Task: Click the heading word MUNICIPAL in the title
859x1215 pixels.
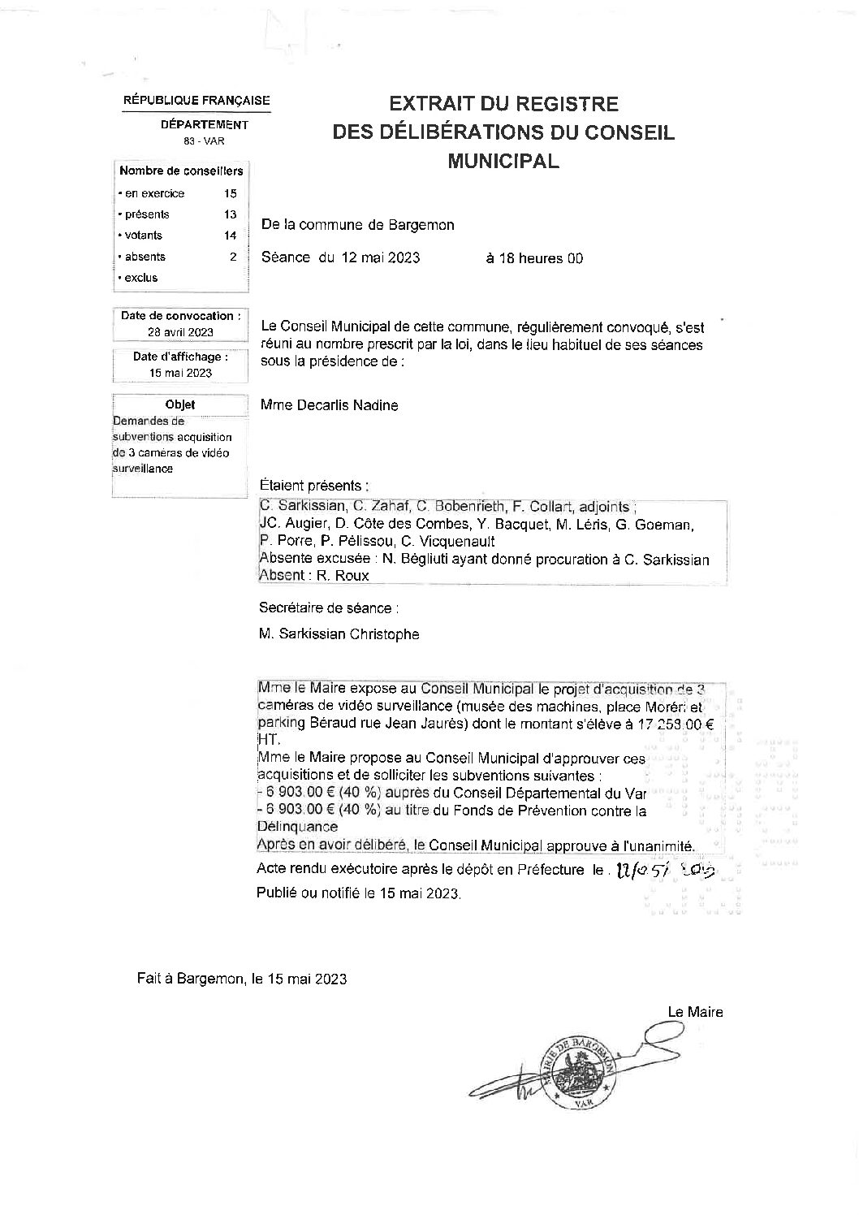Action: pyautogui.click(x=503, y=161)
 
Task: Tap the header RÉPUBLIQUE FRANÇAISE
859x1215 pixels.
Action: pyautogui.click(x=196, y=101)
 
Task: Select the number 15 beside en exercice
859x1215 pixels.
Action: pyautogui.click(x=231, y=193)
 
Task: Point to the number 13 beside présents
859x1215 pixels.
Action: pyautogui.click(x=231, y=214)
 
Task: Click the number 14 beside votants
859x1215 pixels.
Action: pyautogui.click(x=231, y=236)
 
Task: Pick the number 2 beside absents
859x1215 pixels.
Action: pyautogui.click(x=233, y=257)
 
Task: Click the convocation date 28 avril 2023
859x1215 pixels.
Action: pyautogui.click(x=180, y=332)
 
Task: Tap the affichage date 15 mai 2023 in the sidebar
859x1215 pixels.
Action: pyautogui.click(x=180, y=373)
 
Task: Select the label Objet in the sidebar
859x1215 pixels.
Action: pyautogui.click(x=180, y=404)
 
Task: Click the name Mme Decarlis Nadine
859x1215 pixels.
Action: pyautogui.click(x=330, y=405)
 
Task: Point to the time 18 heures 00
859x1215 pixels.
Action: pyautogui.click(x=533, y=258)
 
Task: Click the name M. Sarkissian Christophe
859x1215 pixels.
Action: pyautogui.click(x=339, y=634)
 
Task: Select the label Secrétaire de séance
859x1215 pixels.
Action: pyautogui.click(x=328, y=607)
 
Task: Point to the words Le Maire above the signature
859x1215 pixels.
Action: pyautogui.click(x=695, y=1012)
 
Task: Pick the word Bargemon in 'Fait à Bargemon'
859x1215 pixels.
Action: pyautogui.click(x=210, y=979)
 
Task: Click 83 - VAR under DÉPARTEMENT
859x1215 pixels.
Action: pyautogui.click(x=204, y=141)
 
